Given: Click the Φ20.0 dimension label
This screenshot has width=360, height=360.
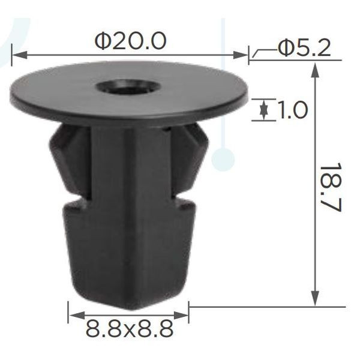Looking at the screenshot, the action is point(130,41).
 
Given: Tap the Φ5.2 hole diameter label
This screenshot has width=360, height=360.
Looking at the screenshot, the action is point(304,48).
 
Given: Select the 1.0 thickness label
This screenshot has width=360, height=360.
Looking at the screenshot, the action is point(292,110).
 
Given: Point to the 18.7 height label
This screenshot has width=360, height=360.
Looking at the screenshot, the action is point(331,187).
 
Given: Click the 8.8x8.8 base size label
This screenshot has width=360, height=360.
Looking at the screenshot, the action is point(129,329).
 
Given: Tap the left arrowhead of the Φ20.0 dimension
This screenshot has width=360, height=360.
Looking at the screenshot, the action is point(19,55).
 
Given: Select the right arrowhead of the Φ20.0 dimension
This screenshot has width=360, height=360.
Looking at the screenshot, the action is point(241,55).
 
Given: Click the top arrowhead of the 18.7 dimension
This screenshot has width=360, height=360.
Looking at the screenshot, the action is point(316,70).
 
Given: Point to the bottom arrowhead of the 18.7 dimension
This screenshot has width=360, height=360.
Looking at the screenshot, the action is point(316,298).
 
